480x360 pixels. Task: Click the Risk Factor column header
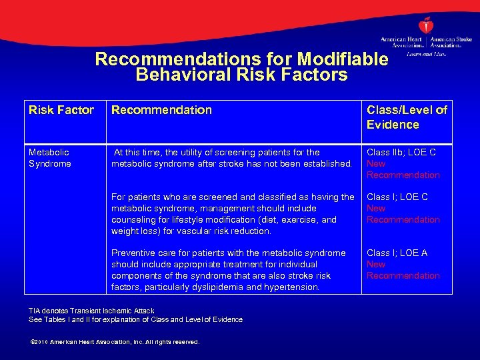61,111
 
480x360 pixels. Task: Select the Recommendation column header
161,111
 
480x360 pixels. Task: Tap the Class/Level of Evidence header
407,117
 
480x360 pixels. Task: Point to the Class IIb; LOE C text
401,153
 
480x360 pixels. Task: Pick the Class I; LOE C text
397,197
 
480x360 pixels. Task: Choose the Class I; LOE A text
397,253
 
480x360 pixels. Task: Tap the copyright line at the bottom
115,342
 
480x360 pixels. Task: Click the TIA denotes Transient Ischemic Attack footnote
91,311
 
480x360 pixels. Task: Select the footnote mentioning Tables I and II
135,320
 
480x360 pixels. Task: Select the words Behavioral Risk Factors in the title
241,75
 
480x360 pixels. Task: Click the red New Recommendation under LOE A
403,270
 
